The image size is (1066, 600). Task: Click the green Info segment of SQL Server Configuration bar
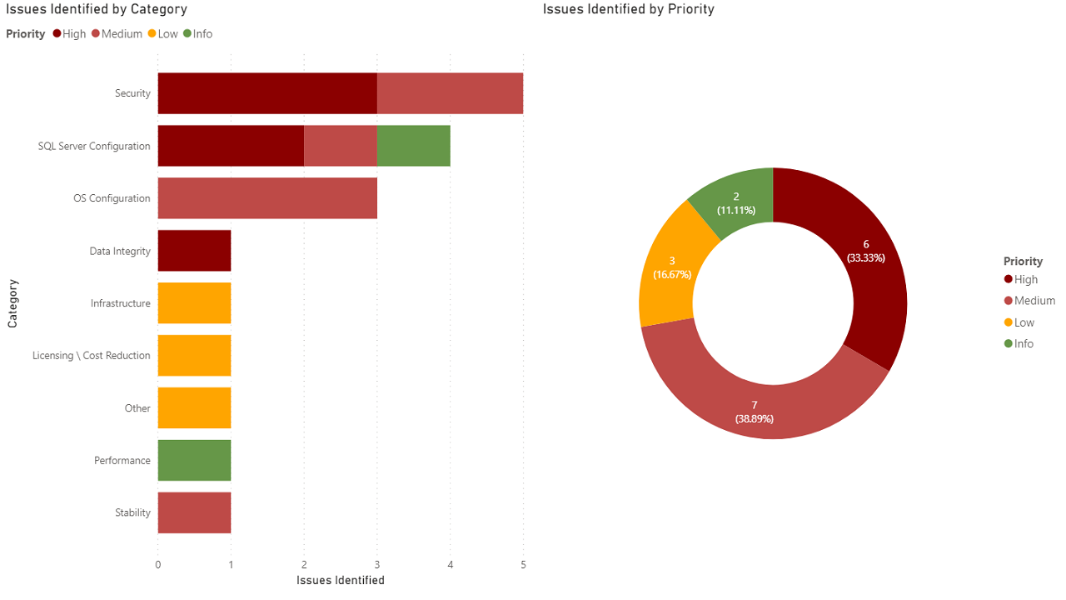(x=413, y=146)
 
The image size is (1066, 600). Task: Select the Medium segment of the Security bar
(x=450, y=93)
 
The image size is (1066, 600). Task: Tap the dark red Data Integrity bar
(x=194, y=251)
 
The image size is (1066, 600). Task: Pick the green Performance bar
(x=194, y=461)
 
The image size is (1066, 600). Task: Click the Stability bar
(x=194, y=512)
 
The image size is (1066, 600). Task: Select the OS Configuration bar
(x=267, y=198)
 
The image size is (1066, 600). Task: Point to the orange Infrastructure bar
(x=194, y=303)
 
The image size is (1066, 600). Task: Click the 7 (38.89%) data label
(x=754, y=412)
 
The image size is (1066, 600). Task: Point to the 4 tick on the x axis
(x=450, y=565)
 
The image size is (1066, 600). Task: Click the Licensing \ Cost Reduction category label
(x=92, y=356)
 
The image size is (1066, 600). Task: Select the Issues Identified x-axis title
(x=341, y=580)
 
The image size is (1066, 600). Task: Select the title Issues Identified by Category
(x=97, y=9)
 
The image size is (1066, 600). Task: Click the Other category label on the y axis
(x=137, y=408)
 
